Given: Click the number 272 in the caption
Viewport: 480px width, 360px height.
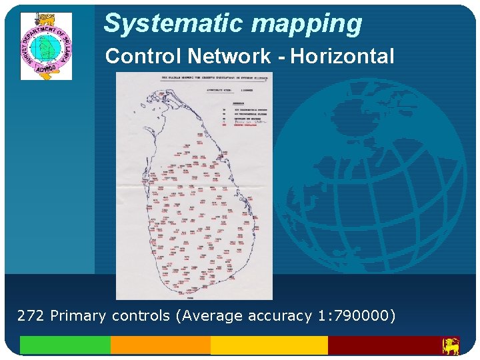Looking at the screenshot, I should [x=31, y=315].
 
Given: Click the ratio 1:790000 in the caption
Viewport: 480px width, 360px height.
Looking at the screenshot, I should [x=354, y=315].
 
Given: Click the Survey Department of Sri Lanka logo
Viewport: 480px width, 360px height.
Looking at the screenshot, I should [x=46, y=45].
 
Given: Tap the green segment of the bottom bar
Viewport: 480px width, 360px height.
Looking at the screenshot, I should [x=65, y=345].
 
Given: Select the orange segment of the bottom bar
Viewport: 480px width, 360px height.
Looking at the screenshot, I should [x=160, y=345].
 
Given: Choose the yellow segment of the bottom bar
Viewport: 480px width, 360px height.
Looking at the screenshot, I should [x=269, y=345].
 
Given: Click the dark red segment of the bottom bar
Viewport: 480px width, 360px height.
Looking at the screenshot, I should [x=383, y=345].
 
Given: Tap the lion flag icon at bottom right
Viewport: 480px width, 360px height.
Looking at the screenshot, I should [x=451, y=346].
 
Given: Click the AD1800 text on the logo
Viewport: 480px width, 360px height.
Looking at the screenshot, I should [x=45, y=69].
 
